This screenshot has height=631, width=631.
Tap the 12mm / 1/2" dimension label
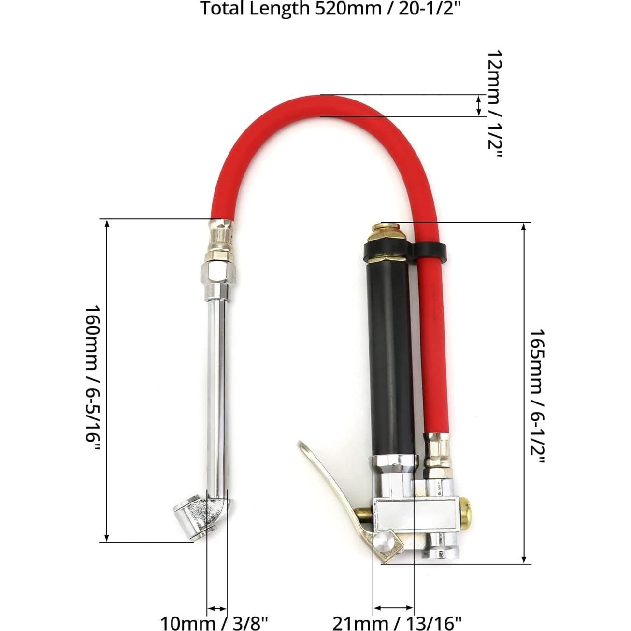point(494,104)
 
